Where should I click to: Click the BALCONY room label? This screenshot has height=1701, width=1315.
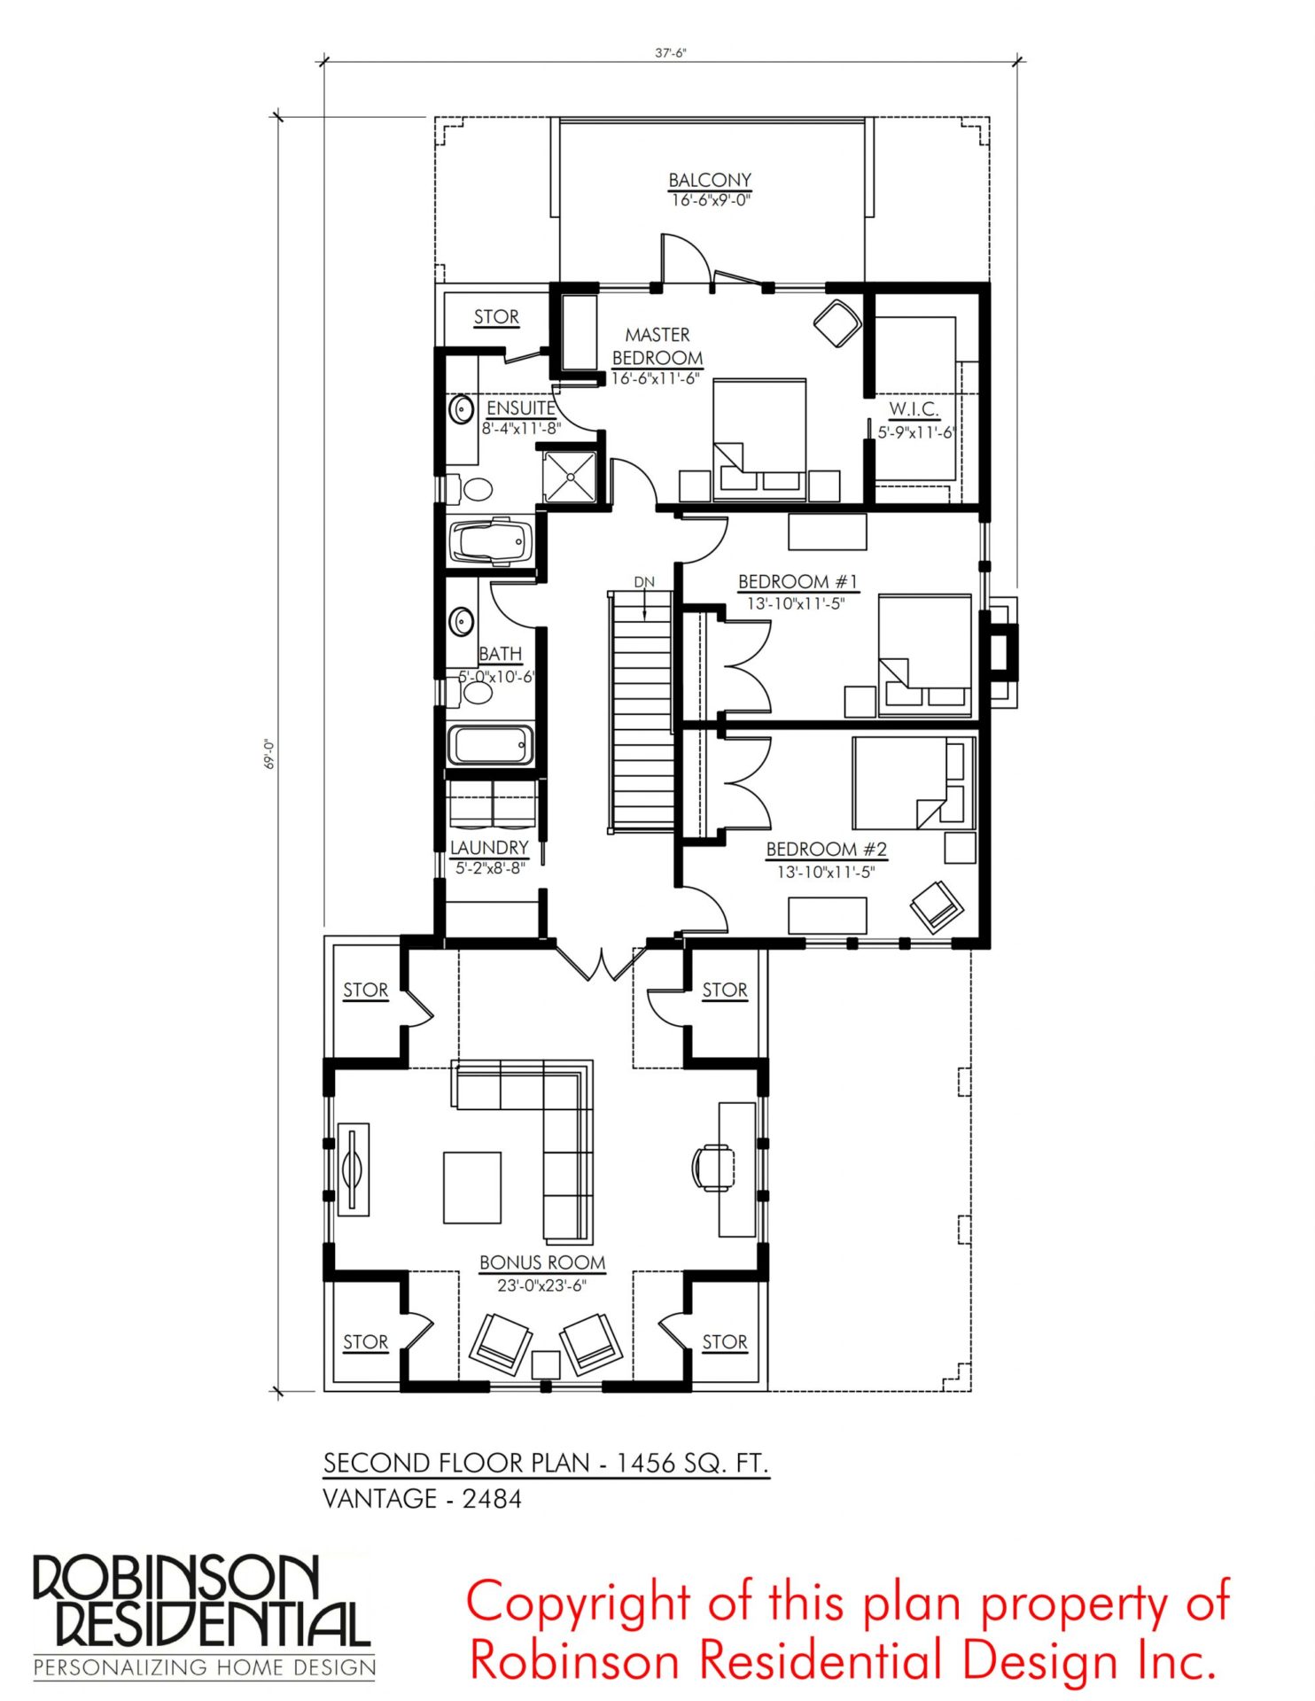(710, 180)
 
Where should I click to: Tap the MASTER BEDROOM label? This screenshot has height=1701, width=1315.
(657, 346)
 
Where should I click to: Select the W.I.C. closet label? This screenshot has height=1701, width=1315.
(914, 408)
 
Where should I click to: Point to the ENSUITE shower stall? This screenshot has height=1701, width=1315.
(571, 477)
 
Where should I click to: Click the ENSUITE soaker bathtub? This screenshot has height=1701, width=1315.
(492, 541)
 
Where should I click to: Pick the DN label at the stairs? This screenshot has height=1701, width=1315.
(644, 582)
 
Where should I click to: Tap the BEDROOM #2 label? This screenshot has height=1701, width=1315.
(827, 849)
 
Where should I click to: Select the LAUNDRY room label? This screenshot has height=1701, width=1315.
(489, 848)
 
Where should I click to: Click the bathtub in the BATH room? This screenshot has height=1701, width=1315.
(491, 745)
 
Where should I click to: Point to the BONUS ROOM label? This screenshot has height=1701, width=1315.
(542, 1262)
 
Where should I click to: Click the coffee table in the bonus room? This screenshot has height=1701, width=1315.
(472, 1187)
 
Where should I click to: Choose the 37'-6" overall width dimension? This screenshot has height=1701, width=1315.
(671, 52)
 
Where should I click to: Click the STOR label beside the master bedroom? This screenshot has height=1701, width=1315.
(496, 316)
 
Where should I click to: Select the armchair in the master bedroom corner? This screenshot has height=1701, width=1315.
(837, 323)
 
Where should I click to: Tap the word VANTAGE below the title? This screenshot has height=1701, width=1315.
(380, 1499)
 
